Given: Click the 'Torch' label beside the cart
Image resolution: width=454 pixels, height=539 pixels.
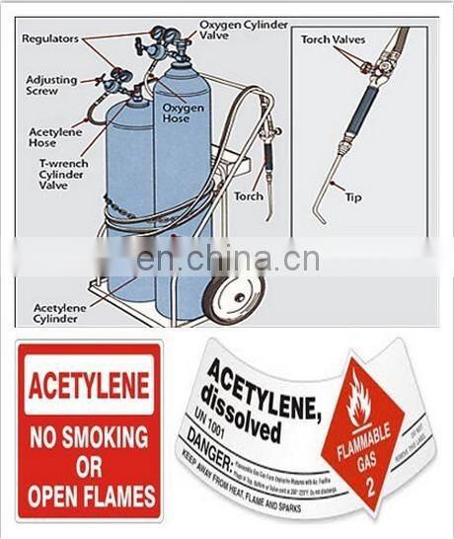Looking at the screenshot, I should pyautogui.click(x=249, y=195).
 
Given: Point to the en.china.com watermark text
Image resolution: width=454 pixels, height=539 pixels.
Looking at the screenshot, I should pyautogui.click(x=227, y=260).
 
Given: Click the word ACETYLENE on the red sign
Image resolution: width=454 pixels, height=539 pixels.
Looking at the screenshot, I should pyautogui.click(x=89, y=385).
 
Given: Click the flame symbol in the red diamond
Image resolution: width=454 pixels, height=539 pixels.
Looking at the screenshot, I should pyautogui.click(x=359, y=401).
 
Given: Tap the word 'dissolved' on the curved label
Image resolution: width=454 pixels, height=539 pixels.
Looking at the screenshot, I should pyautogui.click(x=243, y=423).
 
